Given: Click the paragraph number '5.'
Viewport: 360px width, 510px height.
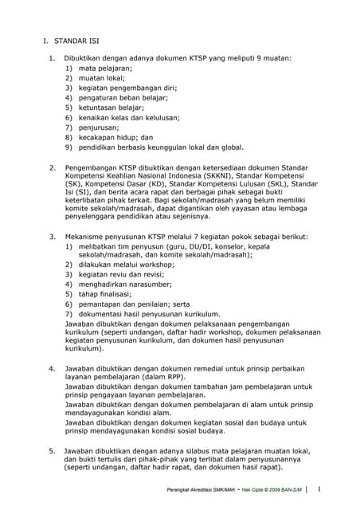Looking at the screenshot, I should coord(52,450).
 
